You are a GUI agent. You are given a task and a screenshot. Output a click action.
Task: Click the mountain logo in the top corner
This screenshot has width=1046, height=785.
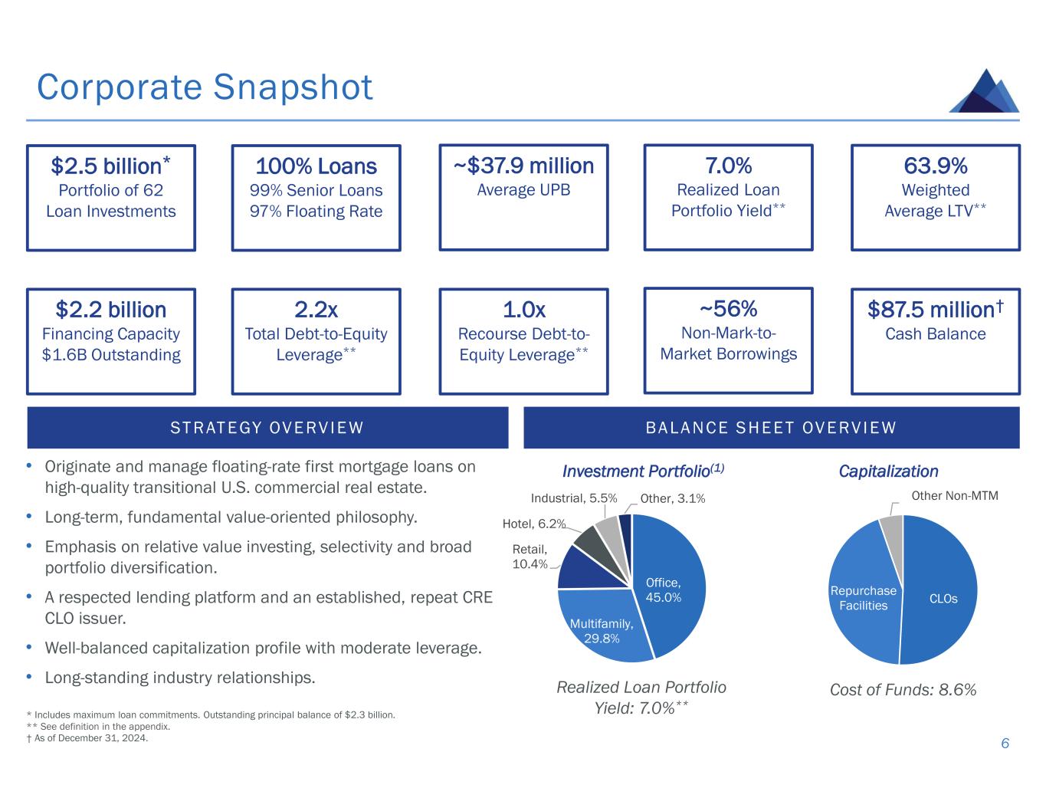tap(984, 91)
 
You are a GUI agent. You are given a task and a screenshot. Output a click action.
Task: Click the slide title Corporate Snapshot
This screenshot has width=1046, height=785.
tap(205, 87)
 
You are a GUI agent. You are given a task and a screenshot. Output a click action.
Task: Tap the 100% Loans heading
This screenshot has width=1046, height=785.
tap(316, 166)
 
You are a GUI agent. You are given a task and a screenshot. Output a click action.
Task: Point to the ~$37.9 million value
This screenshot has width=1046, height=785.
tap(523, 166)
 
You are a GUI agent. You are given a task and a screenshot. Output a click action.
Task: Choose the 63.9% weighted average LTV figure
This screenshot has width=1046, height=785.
tap(935, 166)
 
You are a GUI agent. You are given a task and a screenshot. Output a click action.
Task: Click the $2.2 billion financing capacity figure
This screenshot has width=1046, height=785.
tap(110, 310)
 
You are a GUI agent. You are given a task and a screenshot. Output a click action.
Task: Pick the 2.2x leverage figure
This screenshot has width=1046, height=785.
tap(316, 310)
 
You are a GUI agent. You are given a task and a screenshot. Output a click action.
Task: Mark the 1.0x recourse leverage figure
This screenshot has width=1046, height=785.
tap(523, 310)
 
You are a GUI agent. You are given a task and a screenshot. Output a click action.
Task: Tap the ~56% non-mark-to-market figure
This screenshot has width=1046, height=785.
tap(728, 308)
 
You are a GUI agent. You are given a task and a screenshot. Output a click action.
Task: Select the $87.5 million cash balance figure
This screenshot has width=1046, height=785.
tap(935, 310)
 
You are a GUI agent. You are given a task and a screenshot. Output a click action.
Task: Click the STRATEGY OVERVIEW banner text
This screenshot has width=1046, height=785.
tap(267, 428)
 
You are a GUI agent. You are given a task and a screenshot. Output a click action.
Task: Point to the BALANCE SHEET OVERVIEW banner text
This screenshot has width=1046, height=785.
tap(771, 428)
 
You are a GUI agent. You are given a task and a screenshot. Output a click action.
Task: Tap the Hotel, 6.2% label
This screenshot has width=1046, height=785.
tap(533, 524)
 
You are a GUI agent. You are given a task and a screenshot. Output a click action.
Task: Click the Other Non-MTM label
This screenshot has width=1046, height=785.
tap(955, 496)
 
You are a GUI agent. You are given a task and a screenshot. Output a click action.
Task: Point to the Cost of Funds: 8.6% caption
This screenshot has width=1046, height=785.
tap(903, 690)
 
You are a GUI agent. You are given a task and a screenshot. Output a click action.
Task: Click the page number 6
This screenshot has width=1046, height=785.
tap(1005, 744)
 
